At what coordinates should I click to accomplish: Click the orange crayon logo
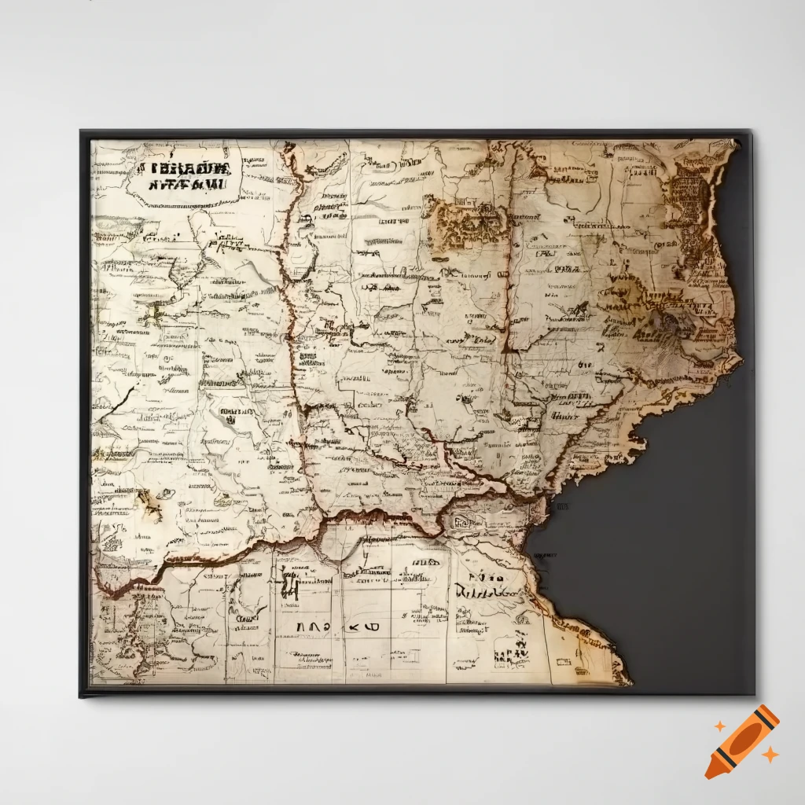pos(741,741)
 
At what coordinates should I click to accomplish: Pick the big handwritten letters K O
pos(355,627)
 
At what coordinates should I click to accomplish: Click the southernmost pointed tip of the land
pos(625,681)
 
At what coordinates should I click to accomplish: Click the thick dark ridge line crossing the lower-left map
pos(236,550)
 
